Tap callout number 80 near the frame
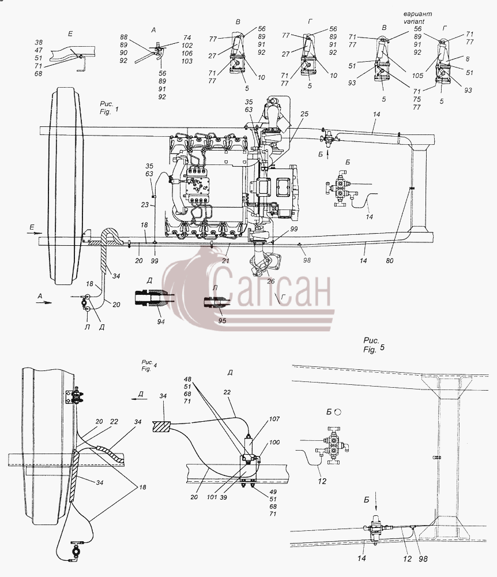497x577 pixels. (x=390, y=261)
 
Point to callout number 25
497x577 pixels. (x=304, y=114)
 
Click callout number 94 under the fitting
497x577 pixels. (x=161, y=321)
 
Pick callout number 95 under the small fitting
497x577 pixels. (x=222, y=320)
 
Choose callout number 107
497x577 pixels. (x=274, y=419)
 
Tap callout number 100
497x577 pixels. (x=274, y=442)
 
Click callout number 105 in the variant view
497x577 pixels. (x=417, y=76)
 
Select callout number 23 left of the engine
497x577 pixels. (x=145, y=205)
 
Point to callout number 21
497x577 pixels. (x=225, y=261)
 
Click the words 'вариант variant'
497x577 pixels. (x=417, y=17)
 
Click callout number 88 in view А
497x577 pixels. (x=123, y=37)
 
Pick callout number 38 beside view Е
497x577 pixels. (x=38, y=42)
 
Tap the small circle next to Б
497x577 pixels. (x=338, y=412)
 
